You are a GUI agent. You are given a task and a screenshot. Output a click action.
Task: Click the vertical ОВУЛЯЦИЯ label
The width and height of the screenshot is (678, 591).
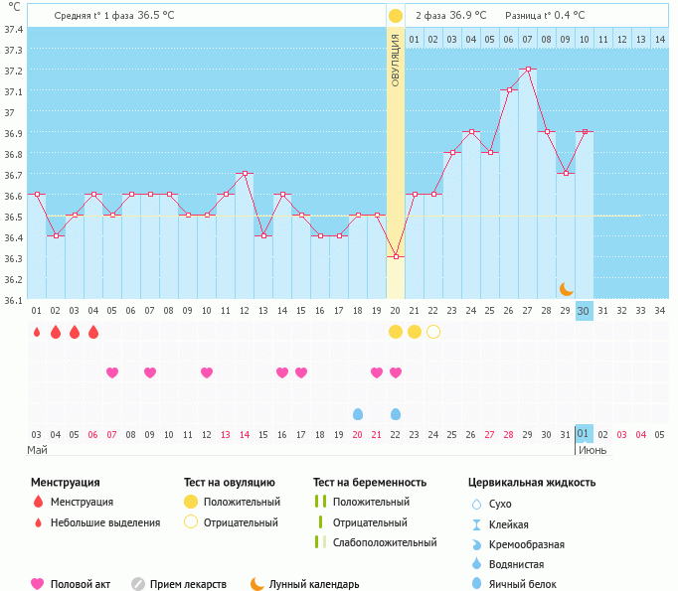coord(396,60)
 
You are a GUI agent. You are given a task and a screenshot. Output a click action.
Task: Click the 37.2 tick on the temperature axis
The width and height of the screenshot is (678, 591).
coord(13,71)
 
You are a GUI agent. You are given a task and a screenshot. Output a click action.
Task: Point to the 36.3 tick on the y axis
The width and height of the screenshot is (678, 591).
coord(13,258)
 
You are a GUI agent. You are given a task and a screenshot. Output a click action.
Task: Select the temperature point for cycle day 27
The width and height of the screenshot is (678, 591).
coord(528,69)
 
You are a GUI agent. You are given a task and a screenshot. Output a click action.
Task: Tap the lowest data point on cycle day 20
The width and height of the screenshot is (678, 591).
coord(396,256)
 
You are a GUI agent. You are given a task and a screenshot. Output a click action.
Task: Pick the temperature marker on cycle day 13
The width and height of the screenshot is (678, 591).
coord(263,235)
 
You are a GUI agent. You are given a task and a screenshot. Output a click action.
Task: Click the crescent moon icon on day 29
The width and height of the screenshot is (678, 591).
coord(566,288)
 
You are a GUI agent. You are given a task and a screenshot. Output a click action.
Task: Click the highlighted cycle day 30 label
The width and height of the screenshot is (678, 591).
coord(585,310)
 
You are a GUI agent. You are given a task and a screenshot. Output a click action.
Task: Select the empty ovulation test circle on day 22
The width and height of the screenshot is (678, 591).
coord(433,332)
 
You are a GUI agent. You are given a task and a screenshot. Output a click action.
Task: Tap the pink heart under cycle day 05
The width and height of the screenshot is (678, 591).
coord(112,372)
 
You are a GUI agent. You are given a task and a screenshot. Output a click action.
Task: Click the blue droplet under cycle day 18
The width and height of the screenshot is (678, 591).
coord(358,413)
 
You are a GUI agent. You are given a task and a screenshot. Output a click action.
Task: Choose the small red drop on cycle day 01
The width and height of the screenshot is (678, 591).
coord(37,332)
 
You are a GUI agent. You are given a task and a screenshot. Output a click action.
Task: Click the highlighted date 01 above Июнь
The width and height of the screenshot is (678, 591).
coord(585,433)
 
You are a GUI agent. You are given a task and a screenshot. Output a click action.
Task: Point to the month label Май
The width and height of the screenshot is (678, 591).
coord(37,450)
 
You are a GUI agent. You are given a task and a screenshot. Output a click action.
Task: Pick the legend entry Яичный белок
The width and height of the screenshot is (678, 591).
coord(523,584)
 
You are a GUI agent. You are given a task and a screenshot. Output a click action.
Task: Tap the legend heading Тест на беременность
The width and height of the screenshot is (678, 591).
coord(370,482)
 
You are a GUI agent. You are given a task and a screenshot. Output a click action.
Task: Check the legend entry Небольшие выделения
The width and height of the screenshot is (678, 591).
coord(105,522)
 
